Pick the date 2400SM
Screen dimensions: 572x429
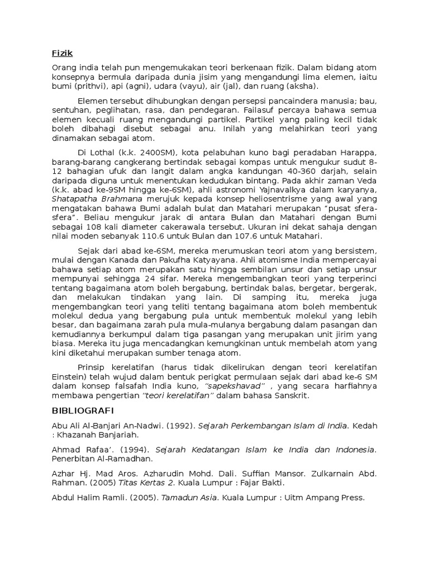151,152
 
